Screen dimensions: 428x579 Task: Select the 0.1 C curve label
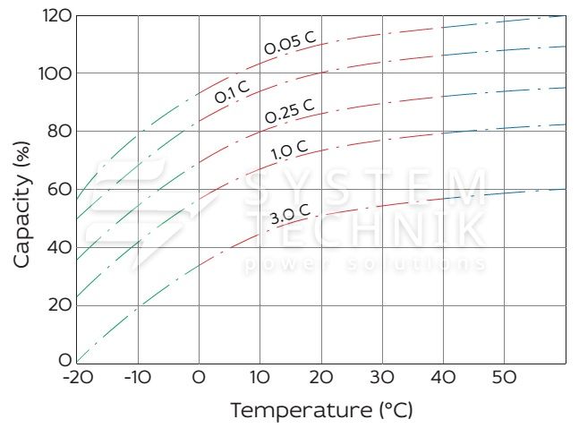coord(232,91)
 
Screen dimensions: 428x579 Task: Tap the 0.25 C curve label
coord(289,111)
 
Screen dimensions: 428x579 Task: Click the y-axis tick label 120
coord(55,15)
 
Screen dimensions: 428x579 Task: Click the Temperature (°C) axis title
coord(322,410)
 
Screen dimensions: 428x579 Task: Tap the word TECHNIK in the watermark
coord(365,229)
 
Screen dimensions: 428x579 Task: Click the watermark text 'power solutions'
coord(365,264)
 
